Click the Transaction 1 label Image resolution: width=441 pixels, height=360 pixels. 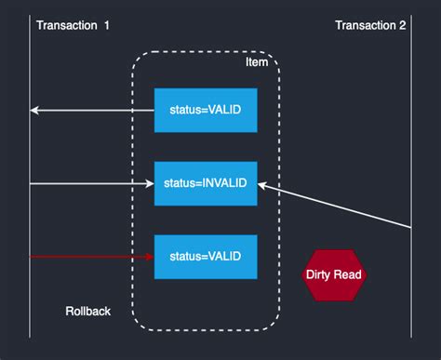(73, 25)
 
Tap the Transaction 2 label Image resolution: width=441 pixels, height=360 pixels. (370, 25)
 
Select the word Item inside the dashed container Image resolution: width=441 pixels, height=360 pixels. (256, 62)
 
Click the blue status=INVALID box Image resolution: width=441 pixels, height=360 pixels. (205, 183)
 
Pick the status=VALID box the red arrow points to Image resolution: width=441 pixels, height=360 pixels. (205, 256)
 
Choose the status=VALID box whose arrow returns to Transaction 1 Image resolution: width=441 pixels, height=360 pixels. (205, 111)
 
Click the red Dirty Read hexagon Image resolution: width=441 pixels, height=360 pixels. (334, 274)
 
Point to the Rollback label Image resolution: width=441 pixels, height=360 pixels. (88, 311)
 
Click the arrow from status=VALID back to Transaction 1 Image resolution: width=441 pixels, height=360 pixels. (93, 111)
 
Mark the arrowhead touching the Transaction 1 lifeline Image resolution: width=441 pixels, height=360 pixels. (34, 111)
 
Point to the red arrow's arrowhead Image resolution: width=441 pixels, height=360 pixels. (148, 256)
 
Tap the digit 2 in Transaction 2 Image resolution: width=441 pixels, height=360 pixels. (402, 25)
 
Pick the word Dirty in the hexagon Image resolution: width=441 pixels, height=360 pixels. (319, 274)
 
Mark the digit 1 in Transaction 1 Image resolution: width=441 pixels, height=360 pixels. (106, 25)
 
